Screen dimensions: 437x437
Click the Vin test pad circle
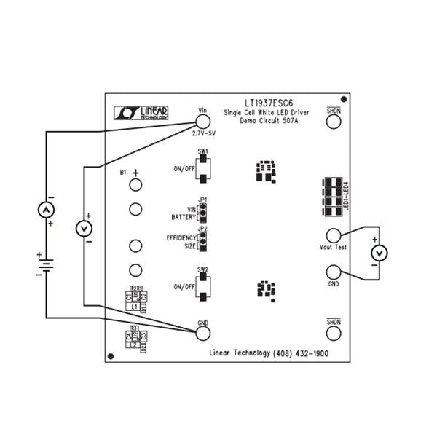coord(203,122)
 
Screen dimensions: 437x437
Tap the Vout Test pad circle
coord(334,235)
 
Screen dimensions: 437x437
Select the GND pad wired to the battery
coord(203,333)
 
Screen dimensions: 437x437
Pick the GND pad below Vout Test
coord(334,272)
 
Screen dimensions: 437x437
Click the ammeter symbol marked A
coord(46,210)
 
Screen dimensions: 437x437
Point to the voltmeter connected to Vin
coord(85,229)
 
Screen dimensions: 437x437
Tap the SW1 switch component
coord(203,168)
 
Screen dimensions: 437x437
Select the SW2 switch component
coord(203,286)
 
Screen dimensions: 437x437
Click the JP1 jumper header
coord(203,212)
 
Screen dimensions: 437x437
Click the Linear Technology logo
coord(142,112)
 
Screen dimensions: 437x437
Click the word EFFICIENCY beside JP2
coord(181,238)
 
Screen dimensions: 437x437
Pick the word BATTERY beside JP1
coord(184,217)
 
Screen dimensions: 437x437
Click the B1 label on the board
coord(123,173)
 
